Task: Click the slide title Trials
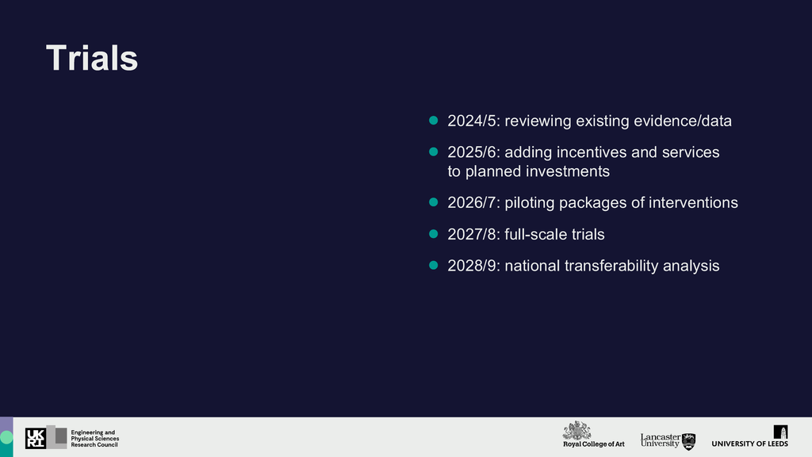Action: tap(92, 57)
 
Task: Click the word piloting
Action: tap(529, 203)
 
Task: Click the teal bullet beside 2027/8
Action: tap(434, 234)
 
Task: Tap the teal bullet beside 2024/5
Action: tap(434, 121)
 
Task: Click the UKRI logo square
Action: tap(35, 438)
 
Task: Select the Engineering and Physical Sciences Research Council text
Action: tap(95, 438)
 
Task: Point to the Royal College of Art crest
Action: tap(577, 431)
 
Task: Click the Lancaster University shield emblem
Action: tap(689, 441)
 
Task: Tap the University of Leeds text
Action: tap(750, 444)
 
